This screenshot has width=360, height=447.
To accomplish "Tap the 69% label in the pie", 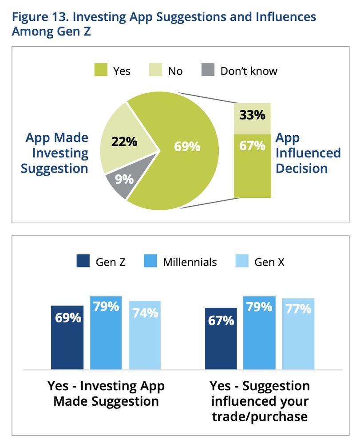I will point(187,146).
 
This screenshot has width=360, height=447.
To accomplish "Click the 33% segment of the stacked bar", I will point(252,116).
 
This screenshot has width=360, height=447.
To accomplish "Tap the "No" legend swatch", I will point(155,71).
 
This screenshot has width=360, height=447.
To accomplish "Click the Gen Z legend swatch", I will point(83,262).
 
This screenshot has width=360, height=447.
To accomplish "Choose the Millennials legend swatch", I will point(150,262).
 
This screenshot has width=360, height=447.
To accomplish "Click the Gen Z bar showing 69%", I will point(67,337).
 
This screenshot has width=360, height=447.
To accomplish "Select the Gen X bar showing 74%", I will point(145,335).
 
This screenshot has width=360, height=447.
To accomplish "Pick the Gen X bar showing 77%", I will point(298,334).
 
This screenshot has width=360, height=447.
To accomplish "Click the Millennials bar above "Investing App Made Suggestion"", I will point(106,333).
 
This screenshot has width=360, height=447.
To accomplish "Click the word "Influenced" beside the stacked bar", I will point(308,153).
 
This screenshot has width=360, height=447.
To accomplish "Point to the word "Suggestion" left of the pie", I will point(55,169).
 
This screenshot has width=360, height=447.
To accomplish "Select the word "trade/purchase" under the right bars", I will point(260,416).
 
